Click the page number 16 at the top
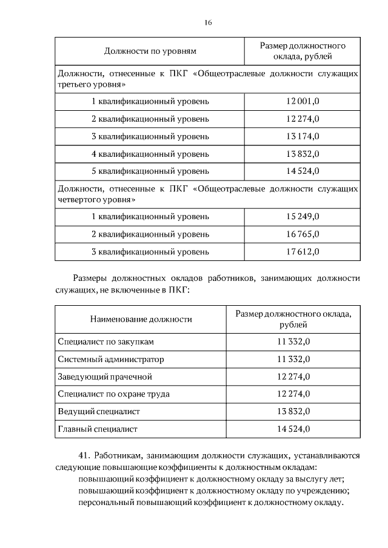[x=207, y=22]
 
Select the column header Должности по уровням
[x=150, y=51]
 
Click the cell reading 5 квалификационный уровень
[x=150, y=171]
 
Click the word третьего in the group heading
[x=75, y=84]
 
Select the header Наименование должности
[x=141, y=319]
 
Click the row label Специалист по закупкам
[x=102, y=342]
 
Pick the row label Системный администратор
[x=111, y=360]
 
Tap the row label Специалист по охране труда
[x=113, y=394]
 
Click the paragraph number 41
[x=84, y=455]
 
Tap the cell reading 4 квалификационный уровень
[x=150, y=154]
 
